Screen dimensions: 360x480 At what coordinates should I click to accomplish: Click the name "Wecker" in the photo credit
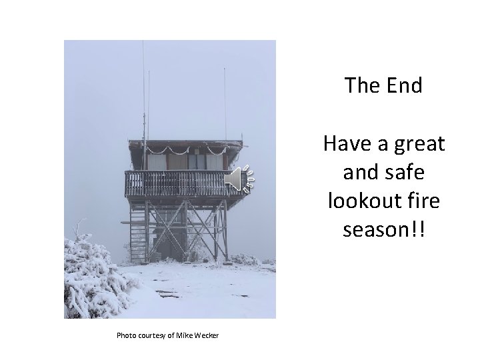coord(205,334)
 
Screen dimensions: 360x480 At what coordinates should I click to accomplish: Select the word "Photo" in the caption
coord(127,334)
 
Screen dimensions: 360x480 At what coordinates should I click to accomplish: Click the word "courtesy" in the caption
coord(152,334)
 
